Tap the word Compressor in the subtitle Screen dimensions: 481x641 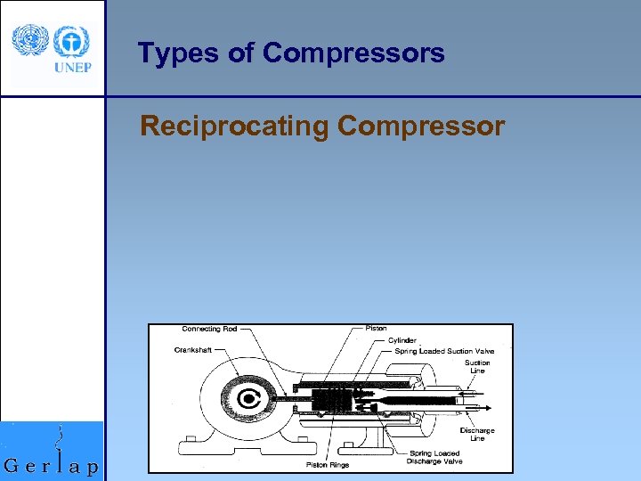point(421,126)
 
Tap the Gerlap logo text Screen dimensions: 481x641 point(52,464)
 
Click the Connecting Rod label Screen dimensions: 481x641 point(209,329)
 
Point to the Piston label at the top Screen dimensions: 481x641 point(377,329)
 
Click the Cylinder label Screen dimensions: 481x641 point(402,340)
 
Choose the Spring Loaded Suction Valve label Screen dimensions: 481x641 point(445,351)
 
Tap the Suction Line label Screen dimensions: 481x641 point(477,367)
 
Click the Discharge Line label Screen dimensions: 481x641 point(477,435)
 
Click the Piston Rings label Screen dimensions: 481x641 point(329,464)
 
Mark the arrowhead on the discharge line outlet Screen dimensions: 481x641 point(491,407)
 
